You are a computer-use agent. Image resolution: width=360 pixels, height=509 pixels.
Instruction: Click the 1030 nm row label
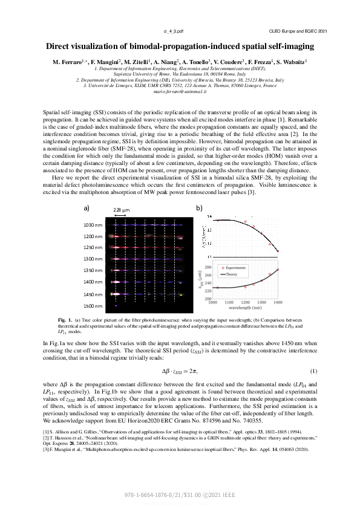tap(93, 225)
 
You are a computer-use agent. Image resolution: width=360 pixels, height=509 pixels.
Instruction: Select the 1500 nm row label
tap(93, 305)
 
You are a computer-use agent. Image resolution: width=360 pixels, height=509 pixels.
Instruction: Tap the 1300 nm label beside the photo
tap(93, 259)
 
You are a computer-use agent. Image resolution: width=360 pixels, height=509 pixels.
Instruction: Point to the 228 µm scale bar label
tap(122, 211)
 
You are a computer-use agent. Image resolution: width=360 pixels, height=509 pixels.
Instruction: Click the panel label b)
tap(199, 207)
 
